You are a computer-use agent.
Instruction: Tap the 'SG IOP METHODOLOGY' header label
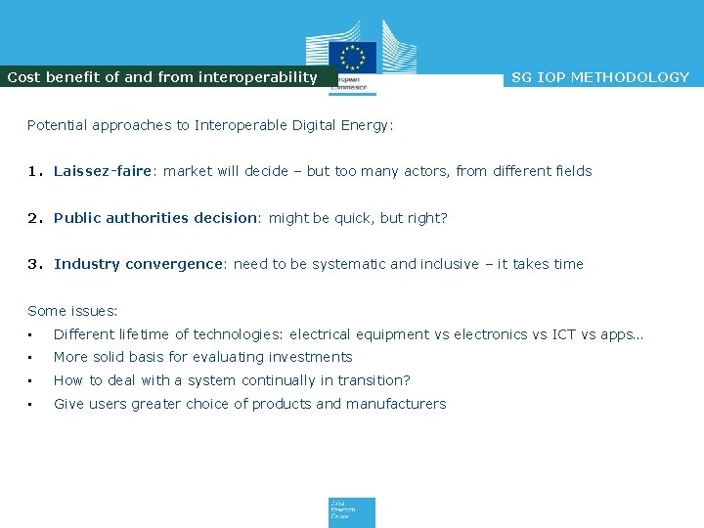600,77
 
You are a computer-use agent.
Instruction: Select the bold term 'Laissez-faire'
103,171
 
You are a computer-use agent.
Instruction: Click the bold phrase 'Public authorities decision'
154,218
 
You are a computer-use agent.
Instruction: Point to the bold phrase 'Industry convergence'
139,264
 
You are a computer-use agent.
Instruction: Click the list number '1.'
35,171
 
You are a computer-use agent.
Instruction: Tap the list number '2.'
35,218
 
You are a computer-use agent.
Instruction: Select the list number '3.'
35,264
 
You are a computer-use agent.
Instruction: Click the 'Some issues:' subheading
72,311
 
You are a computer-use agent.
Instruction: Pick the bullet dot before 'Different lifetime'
31,335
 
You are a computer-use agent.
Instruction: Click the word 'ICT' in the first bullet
564,334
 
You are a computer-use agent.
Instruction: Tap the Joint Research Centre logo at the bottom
351,512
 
